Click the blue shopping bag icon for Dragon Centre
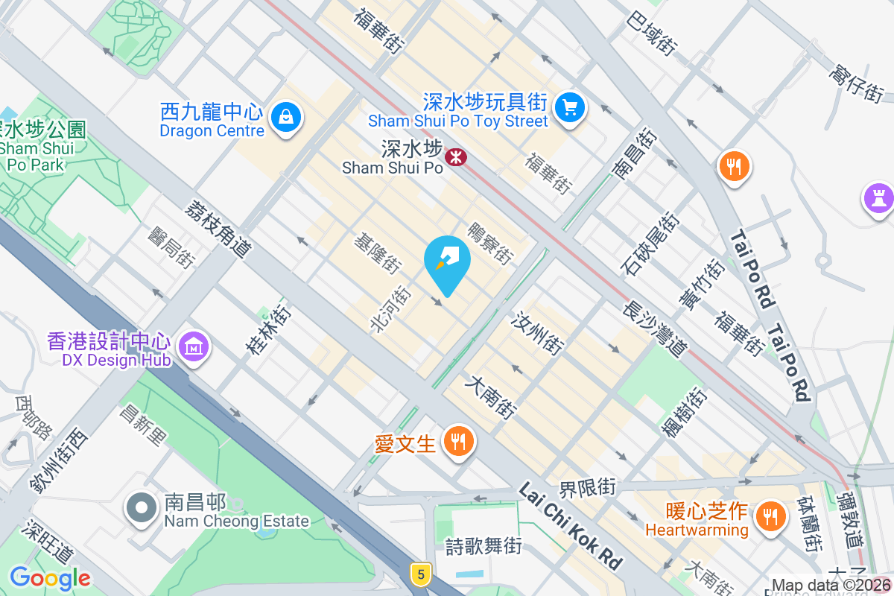285,116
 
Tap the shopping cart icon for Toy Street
571,107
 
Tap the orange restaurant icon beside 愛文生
456,442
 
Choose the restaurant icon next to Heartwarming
769,516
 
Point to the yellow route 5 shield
421,574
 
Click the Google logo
50,578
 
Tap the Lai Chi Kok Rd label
570,525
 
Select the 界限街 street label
588,488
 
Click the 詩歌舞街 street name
484,546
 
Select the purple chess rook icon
878,198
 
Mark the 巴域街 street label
652,33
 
